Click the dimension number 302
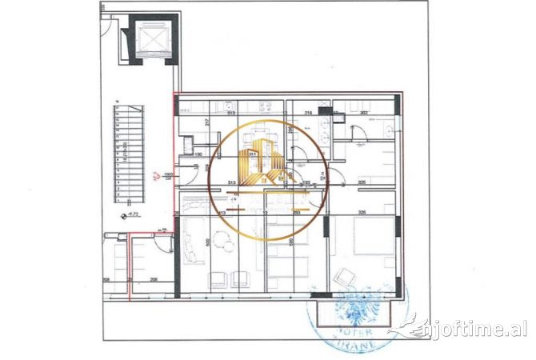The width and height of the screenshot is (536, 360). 363,114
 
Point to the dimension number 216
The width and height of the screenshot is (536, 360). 309,114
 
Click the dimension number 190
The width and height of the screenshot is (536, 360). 198,153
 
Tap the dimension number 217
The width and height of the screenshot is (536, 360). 207,122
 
